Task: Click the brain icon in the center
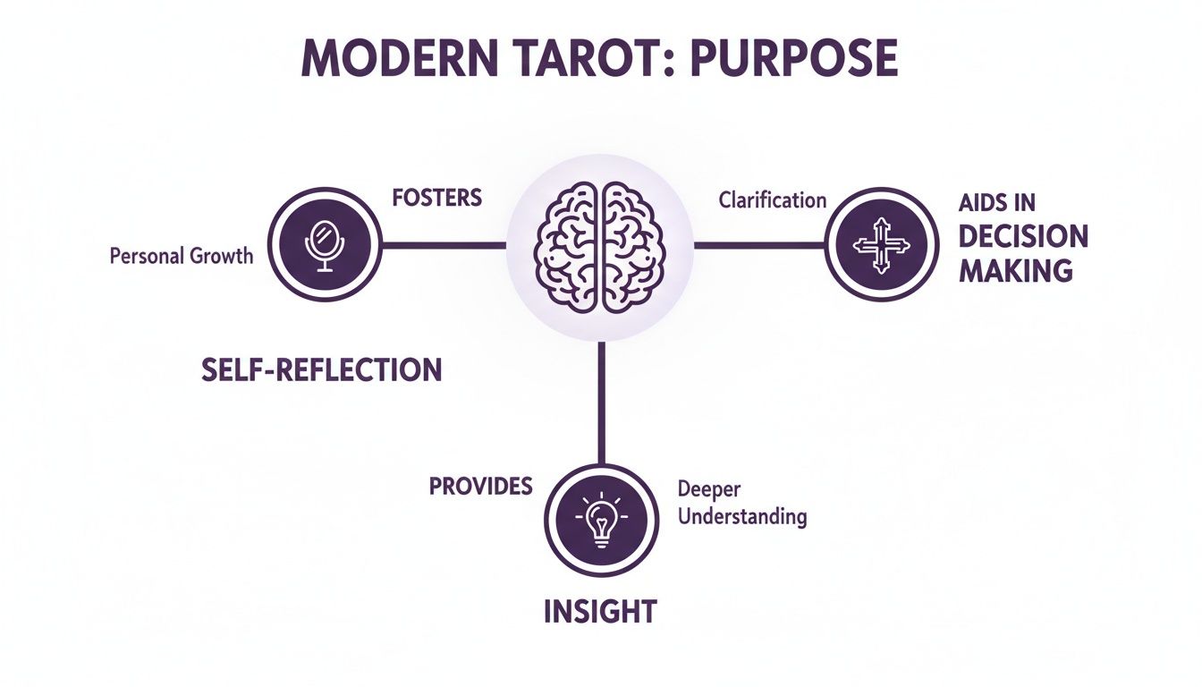click(x=600, y=247)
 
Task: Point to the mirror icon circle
click(x=326, y=243)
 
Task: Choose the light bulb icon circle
click(x=600, y=520)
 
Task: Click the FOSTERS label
click(x=437, y=197)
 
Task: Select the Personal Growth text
click(x=182, y=256)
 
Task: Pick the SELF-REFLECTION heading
click(x=322, y=369)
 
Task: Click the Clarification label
click(x=772, y=199)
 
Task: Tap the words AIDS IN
click(x=996, y=204)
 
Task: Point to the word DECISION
click(x=1023, y=237)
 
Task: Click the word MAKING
click(x=1015, y=269)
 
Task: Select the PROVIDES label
click(x=480, y=486)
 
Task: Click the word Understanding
click(x=742, y=516)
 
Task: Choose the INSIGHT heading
click(x=600, y=612)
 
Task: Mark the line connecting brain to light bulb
click(x=601, y=403)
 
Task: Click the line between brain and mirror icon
click(x=444, y=244)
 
